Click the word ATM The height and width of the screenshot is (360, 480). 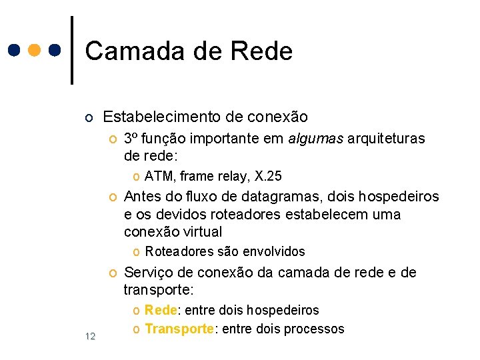tap(157, 176)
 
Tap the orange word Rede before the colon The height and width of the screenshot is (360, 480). tap(160, 310)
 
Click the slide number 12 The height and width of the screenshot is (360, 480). tap(91, 335)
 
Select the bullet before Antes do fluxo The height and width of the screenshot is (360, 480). tap(113, 197)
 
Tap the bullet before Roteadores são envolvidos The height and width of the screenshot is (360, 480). tap(137, 252)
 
